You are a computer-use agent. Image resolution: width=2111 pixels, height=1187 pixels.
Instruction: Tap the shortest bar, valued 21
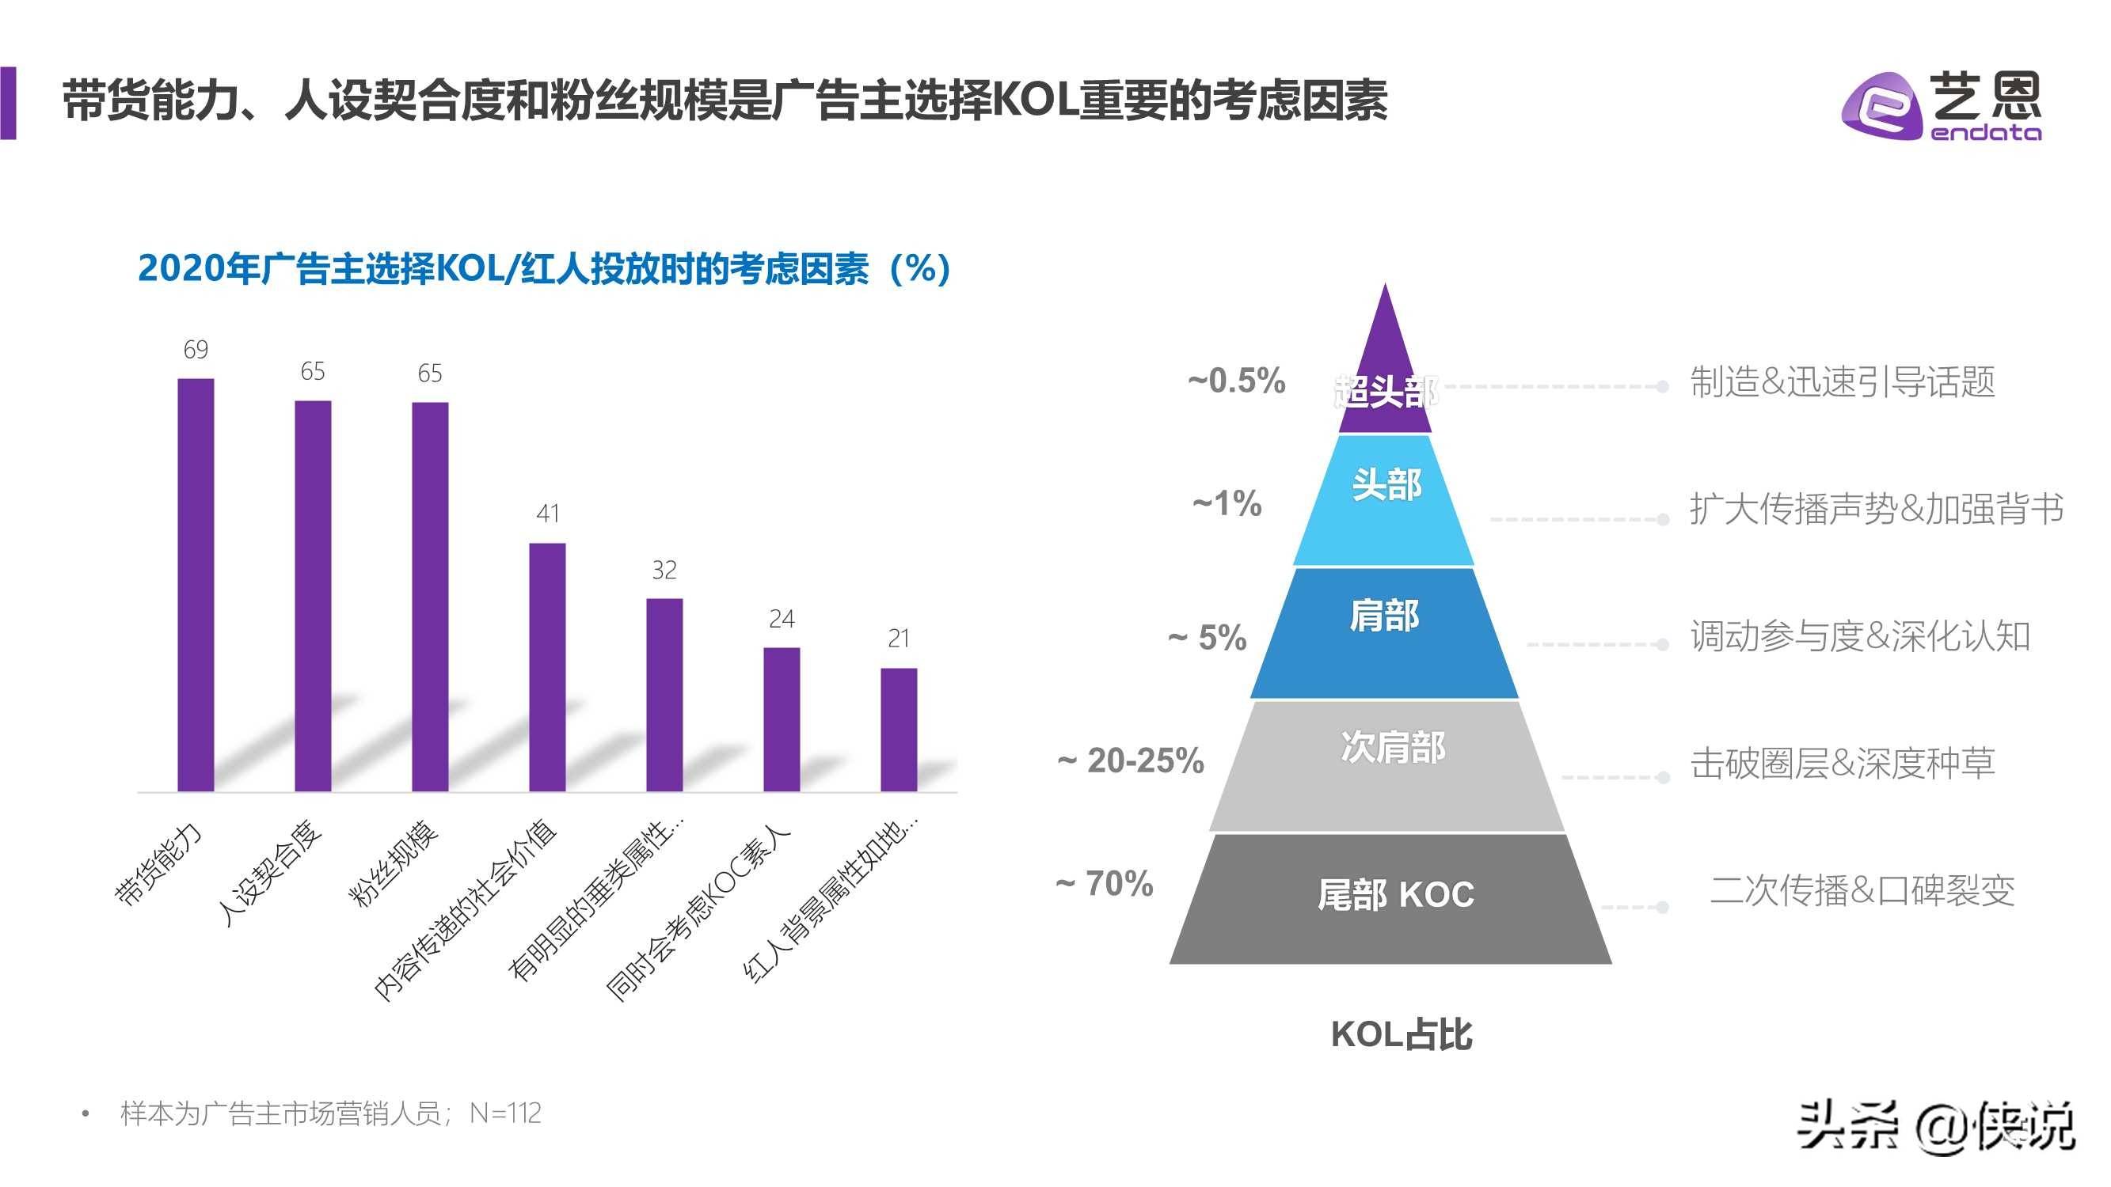click(899, 729)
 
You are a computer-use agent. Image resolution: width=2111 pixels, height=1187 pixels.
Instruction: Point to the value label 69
click(196, 350)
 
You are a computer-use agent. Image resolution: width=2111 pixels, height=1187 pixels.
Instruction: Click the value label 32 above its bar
click(664, 569)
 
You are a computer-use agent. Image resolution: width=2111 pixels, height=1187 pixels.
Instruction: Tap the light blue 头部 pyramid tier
click(1385, 499)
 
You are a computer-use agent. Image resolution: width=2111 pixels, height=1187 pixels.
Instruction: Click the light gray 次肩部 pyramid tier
click(1389, 766)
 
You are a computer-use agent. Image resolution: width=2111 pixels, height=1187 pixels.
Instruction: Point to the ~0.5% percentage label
click(1237, 381)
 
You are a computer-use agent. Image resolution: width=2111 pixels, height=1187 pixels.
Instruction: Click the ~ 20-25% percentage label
click(1131, 761)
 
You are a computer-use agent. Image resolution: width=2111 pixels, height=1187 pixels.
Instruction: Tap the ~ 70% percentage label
click(1105, 883)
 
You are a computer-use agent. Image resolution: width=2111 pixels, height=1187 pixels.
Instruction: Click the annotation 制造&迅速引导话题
click(1843, 381)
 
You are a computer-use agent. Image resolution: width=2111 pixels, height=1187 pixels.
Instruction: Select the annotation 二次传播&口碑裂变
click(1862, 889)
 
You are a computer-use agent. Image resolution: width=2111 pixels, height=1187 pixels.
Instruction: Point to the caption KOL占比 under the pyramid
click(1402, 1034)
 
